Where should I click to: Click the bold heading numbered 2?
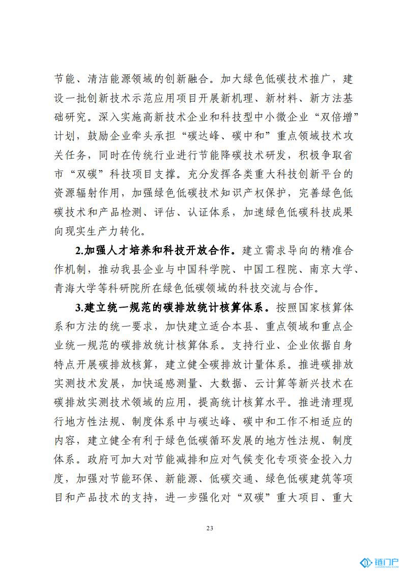tap(155, 250)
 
